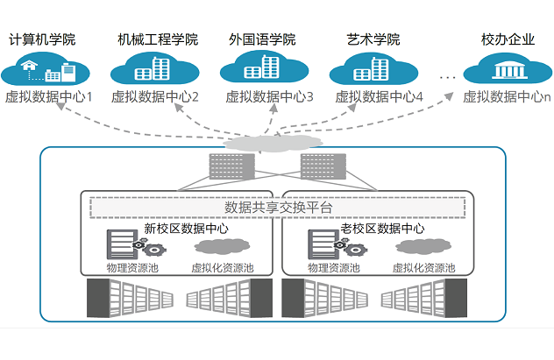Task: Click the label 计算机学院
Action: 41,40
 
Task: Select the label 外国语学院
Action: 261,40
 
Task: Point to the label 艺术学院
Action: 373,40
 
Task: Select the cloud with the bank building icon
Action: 507,69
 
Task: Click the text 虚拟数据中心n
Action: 507,97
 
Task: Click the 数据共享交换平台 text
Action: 278,208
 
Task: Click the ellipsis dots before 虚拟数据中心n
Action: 448,79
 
